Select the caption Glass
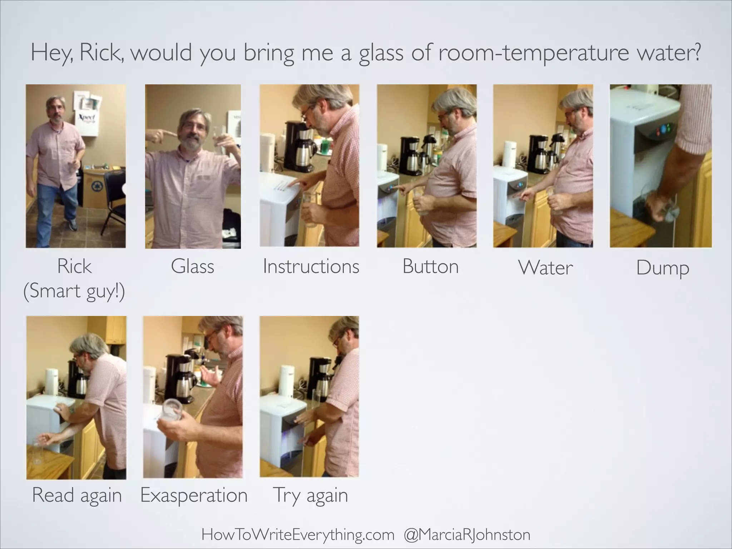click(x=192, y=267)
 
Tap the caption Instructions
click(x=311, y=267)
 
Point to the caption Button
click(x=430, y=267)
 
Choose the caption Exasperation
click(x=194, y=495)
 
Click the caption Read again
click(x=77, y=495)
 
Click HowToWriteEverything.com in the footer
click(x=298, y=535)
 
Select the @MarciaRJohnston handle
click(x=467, y=535)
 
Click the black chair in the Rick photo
click(x=114, y=200)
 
